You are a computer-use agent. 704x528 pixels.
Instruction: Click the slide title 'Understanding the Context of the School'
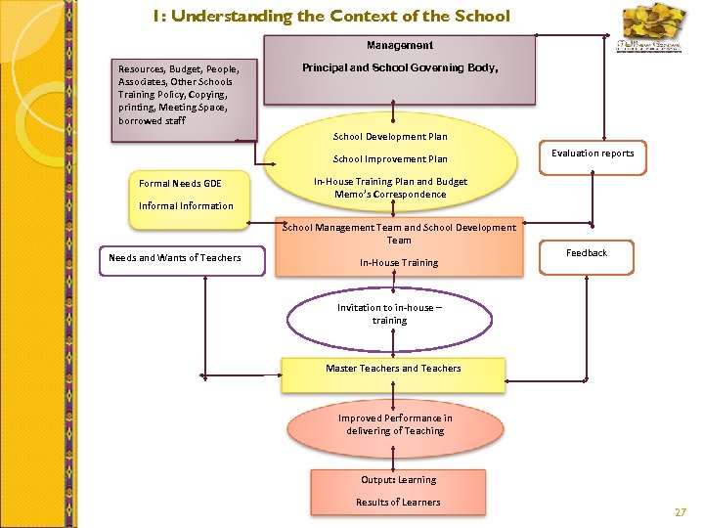coord(331,16)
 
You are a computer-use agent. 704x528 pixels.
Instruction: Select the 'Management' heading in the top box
coord(399,45)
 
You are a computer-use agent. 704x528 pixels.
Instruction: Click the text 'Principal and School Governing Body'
coord(399,68)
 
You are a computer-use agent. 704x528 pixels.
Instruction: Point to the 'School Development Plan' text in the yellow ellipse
coord(390,137)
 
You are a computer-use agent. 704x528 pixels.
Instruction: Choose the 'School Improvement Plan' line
coord(390,159)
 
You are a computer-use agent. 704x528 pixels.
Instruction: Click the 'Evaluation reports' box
coord(592,153)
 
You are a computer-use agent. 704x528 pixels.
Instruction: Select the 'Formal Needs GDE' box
coord(180,183)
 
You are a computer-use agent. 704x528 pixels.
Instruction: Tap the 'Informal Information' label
coord(186,205)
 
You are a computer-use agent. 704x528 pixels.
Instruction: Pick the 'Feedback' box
coord(587,253)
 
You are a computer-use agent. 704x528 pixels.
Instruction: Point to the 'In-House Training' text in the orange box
coord(398,262)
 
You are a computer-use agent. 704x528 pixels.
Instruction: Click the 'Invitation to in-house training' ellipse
coord(389,314)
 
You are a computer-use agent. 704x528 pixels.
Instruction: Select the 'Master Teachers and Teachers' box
coord(393,369)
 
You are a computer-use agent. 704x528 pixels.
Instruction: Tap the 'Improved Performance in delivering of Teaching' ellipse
coord(395,424)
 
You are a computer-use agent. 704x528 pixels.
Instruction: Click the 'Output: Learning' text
coord(398,480)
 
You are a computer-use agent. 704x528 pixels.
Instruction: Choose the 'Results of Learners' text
coord(398,502)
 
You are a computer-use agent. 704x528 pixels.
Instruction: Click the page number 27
coord(681,512)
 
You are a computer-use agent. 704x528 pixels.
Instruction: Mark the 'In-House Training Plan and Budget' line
coord(390,181)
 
